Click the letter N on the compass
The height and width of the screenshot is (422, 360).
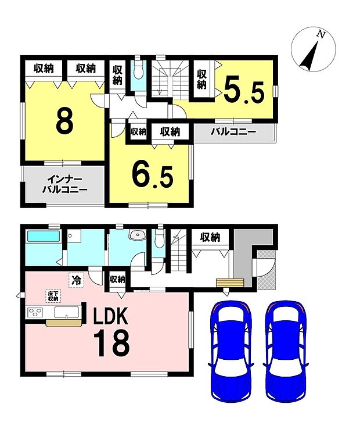321,34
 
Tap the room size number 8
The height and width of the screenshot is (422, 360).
65,121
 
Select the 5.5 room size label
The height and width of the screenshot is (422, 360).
244,89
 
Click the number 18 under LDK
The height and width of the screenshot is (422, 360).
111,343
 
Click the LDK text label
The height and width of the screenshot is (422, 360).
110,316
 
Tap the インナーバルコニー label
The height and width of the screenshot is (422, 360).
64,185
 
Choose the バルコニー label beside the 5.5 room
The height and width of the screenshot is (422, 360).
233,132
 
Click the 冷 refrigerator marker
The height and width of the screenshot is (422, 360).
77,281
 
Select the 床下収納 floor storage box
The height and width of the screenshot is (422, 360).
53,296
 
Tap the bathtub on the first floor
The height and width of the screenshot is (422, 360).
44,236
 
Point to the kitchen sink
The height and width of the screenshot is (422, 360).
67,313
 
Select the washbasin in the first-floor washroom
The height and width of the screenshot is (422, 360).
138,235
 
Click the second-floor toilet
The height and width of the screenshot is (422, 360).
138,70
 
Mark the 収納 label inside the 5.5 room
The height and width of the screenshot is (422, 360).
202,79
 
